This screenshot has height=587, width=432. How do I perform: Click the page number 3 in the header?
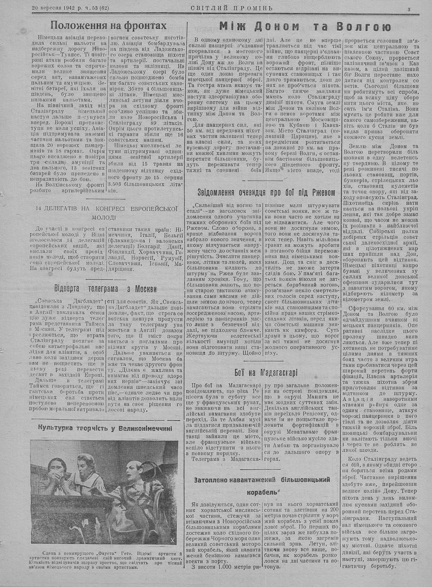pos(409,10)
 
